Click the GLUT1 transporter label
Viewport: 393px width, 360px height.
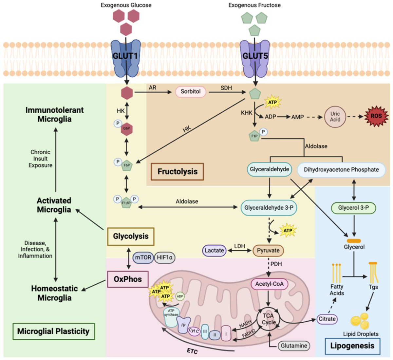125,56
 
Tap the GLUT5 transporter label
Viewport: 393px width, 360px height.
255,56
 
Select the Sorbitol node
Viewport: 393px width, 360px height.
191,92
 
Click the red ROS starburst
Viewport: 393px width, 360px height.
376,116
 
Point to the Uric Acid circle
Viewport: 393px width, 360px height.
335,117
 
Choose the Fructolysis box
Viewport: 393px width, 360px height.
177,172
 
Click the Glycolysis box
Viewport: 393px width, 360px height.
131,236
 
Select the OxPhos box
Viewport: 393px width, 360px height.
128,279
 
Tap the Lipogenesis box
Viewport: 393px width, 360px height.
352,346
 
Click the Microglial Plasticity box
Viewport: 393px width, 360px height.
53,332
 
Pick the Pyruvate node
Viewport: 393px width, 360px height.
268,251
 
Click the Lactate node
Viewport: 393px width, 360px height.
214,251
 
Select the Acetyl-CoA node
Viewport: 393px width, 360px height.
269,284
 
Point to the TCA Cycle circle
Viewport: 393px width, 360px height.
269,319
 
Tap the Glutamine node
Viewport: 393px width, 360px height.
294,346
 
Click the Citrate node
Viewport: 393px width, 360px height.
327,319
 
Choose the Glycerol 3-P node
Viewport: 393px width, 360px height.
353,208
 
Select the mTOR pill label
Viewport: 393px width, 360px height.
143,258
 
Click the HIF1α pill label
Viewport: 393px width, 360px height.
164,258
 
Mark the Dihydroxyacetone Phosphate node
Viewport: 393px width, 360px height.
341,170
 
